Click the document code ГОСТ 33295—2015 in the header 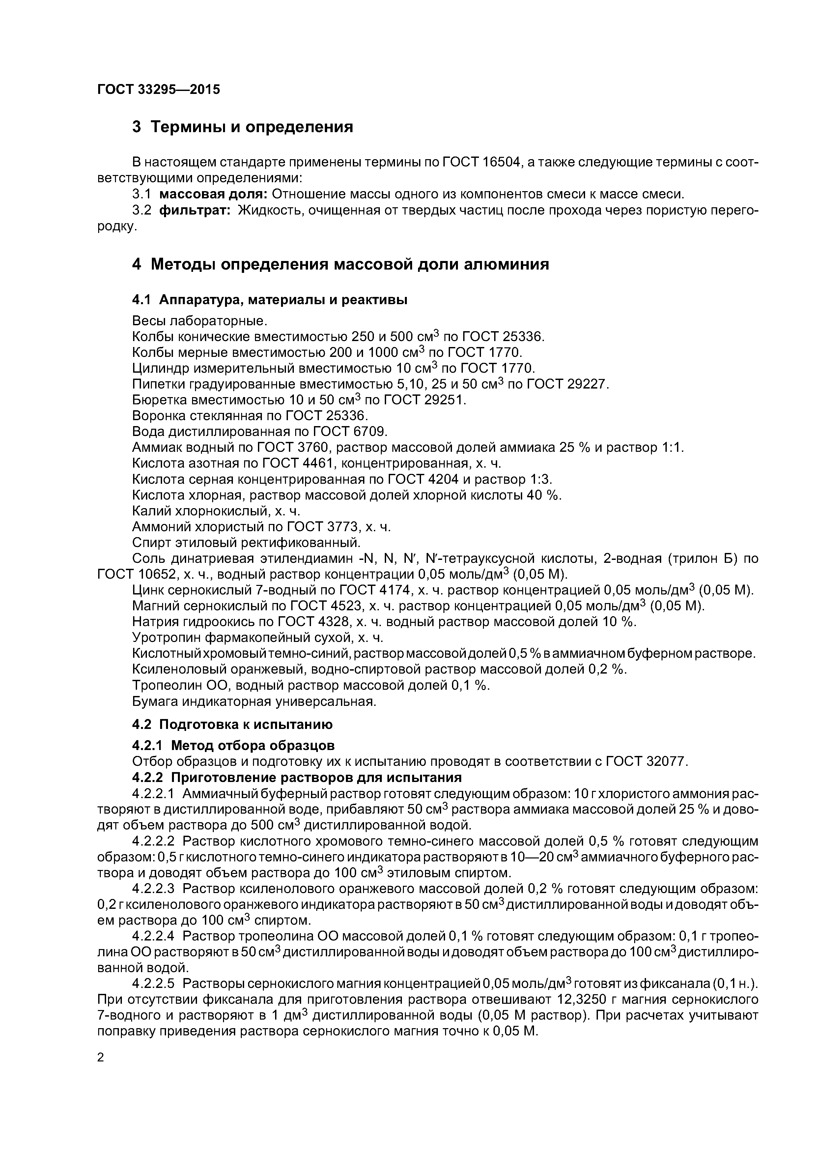point(158,90)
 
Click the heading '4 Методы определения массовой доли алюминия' point(340,264)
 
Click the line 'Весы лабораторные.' point(199,321)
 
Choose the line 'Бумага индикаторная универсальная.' point(254,701)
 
